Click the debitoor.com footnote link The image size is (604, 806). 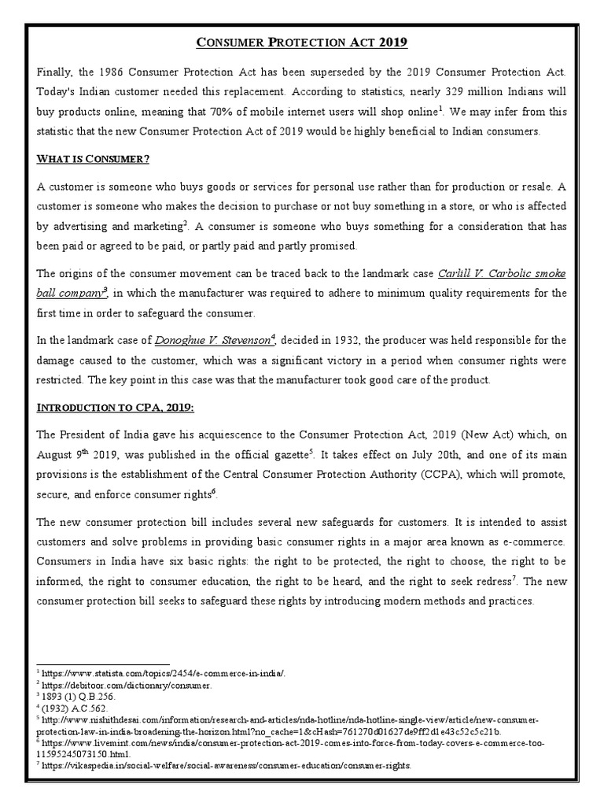tap(126, 686)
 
